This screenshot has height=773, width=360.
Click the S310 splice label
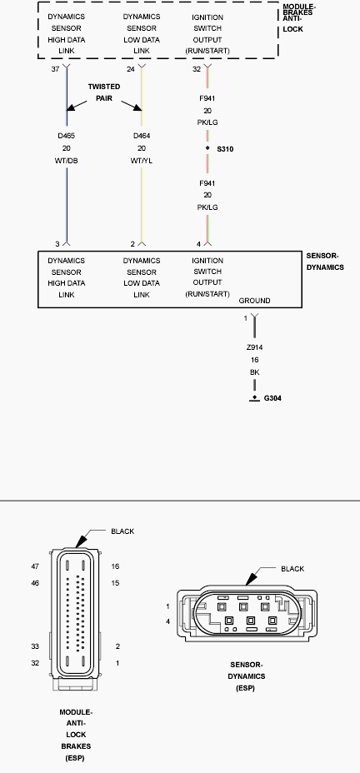point(225,148)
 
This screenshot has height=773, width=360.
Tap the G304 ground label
point(272,398)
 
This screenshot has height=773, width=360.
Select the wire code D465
point(66,136)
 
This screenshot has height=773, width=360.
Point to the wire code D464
point(142,136)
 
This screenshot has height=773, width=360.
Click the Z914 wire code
point(254,347)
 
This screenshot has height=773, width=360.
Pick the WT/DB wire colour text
point(66,161)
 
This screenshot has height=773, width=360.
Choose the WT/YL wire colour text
point(142,161)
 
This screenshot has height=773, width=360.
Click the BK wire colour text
point(254,372)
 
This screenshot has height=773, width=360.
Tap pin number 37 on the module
point(55,69)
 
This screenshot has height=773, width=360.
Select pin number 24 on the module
point(131,69)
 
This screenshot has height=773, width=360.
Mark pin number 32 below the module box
point(197,69)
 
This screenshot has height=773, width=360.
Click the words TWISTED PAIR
point(104,92)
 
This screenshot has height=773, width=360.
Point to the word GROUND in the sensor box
point(254,301)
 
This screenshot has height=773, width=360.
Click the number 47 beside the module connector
point(35,566)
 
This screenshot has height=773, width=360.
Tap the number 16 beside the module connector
point(115,566)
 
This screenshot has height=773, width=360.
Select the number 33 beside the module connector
point(35,646)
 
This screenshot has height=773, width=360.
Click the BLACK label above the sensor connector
point(292,568)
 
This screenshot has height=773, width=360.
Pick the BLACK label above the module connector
point(122,531)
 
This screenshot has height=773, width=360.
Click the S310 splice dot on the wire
point(207,148)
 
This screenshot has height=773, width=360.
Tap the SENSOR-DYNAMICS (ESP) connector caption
point(246,676)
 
